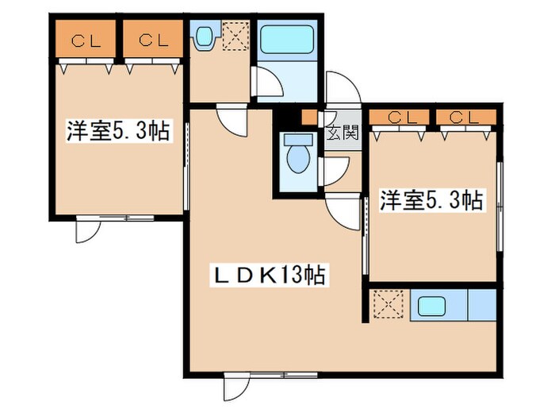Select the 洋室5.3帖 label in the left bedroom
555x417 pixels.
click(x=117, y=132)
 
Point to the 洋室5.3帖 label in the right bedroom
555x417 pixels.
click(x=431, y=200)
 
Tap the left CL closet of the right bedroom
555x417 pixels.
click(x=402, y=118)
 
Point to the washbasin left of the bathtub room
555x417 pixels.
click(x=204, y=36)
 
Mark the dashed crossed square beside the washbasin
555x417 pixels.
click(x=235, y=36)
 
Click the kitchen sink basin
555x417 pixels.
click(x=433, y=304)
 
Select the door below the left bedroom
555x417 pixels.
click(x=87, y=231)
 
